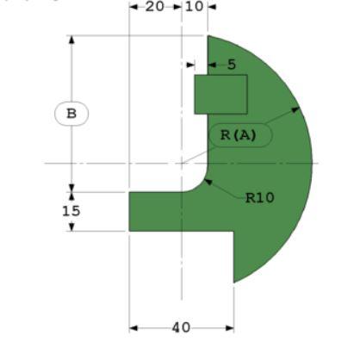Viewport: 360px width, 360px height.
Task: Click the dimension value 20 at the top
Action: (x=155, y=7)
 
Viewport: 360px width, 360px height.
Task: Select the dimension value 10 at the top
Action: (x=195, y=7)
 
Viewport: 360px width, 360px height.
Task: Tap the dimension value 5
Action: (x=231, y=64)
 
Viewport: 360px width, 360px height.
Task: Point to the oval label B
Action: (x=71, y=113)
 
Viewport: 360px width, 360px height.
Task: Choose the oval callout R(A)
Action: (x=239, y=135)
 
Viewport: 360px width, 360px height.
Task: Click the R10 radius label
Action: (x=259, y=197)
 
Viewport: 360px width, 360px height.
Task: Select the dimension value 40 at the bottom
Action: (x=182, y=327)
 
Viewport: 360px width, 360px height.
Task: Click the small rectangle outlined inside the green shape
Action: (x=220, y=94)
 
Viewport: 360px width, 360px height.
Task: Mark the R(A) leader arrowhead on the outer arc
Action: (x=298, y=109)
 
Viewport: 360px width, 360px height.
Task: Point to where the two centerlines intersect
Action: (x=182, y=163)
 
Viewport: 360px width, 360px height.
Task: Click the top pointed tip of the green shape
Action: (x=208, y=36)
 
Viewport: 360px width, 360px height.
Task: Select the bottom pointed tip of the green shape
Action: (x=234, y=282)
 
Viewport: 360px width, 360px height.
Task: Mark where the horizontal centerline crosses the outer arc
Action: (x=312, y=163)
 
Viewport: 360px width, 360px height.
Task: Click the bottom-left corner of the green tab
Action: (x=129, y=231)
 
